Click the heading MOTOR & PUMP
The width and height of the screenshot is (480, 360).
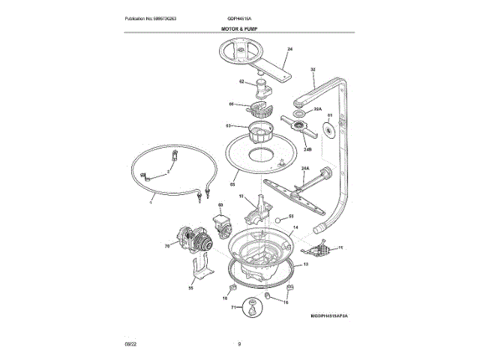(240, 28)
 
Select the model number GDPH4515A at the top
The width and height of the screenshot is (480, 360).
(239, 18)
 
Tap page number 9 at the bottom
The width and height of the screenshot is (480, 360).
(239, 343)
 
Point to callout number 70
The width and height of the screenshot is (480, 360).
(166, 244)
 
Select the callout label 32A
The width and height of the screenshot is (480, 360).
(317, 109)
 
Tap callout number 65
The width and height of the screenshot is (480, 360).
(232, 184)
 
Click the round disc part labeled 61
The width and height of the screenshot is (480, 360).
(328, 130)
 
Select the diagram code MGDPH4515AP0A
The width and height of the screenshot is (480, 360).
(324, 317)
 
